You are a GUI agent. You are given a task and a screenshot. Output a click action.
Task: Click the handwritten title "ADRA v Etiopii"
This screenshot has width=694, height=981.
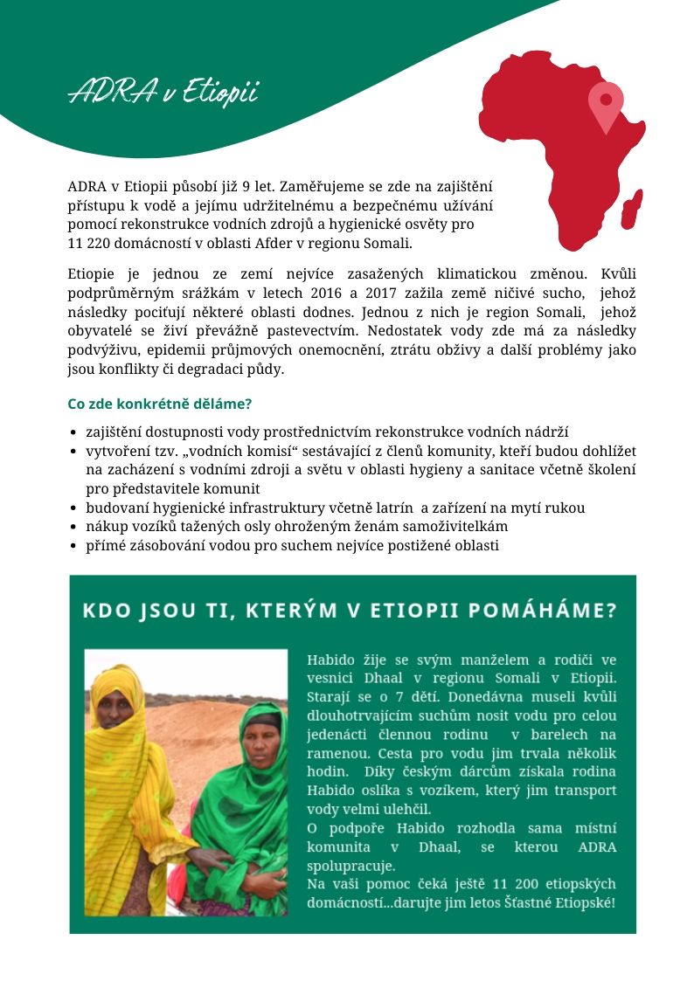point(163,92)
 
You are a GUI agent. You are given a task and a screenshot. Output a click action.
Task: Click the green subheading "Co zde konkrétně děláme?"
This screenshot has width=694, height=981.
point(160,404)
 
